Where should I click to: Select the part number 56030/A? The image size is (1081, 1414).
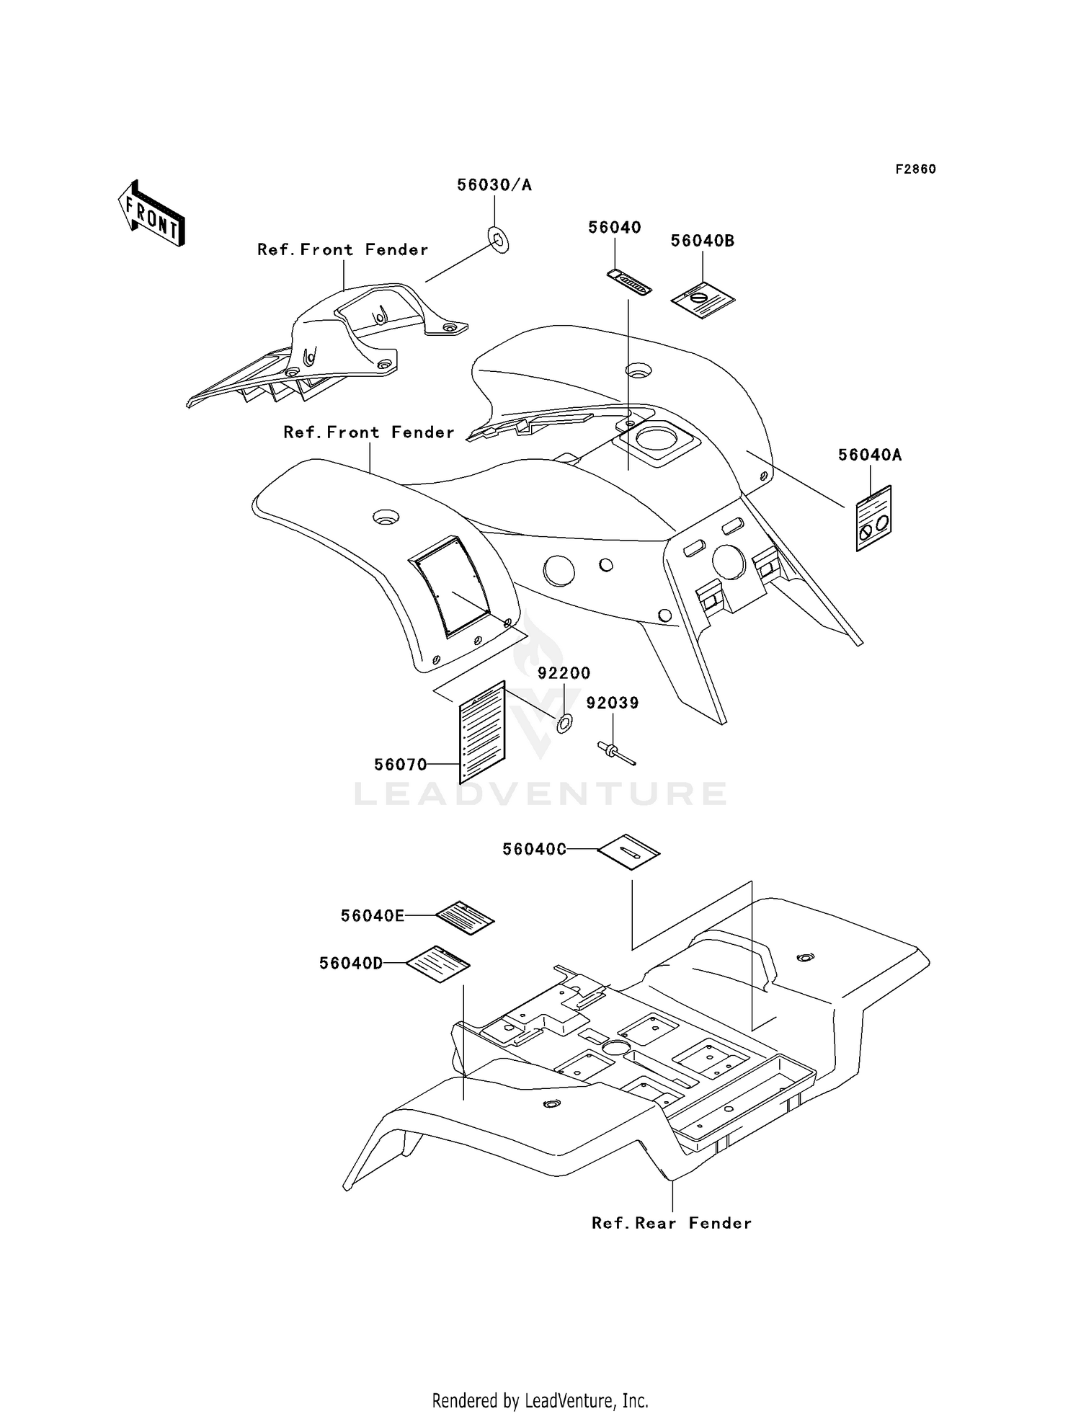[x=494, y=185]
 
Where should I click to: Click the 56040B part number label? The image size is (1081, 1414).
[x=703, y=241]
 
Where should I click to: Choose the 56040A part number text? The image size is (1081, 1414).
[x=870, y=455]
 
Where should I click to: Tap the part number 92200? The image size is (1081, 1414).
[x=564, y=673]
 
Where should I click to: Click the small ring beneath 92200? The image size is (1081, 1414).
[x=564, y=722]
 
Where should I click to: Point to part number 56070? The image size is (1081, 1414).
[x=401, y=765]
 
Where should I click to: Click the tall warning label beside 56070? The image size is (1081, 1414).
[x=483, y=732]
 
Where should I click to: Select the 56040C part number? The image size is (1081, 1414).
[x=534, y=850]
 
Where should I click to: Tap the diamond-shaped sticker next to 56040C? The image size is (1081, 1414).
[x=629, y=852]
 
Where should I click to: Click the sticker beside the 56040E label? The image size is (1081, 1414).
[x=466, y=917]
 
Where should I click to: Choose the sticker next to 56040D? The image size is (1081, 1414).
[x=438, y=964]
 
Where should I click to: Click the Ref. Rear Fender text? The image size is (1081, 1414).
[x=672, y=1223]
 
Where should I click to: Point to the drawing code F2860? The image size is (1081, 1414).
[x=916, y=169]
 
